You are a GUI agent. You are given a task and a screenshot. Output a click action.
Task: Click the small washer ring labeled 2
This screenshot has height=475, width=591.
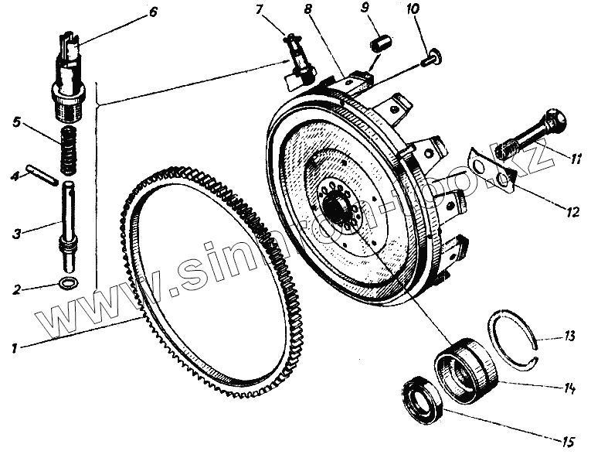[69, 282]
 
